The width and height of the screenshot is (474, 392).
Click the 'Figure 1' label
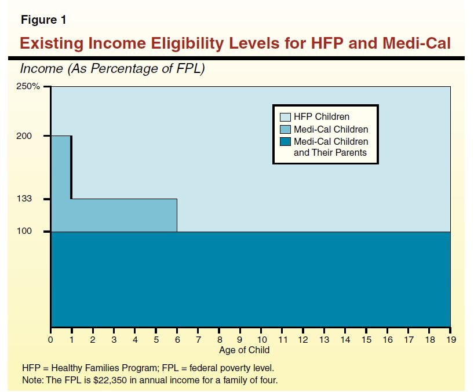tap(43, 20)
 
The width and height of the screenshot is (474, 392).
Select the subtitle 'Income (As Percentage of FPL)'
tap(112, 69)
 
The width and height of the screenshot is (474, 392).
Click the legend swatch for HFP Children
tap(285, 118)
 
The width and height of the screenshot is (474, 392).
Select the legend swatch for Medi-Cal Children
tap(285, 130)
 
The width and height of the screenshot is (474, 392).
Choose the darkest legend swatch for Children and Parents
tap(285, 142)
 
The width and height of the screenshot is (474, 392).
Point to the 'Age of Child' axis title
tap(244, 350)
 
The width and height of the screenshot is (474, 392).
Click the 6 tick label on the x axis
tap(177, 339)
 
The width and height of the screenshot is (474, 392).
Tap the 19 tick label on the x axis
tap(450, 339)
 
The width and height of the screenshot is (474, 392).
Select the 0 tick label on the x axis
tap(51, 339)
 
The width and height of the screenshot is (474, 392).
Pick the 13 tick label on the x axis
tap(324, 339)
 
